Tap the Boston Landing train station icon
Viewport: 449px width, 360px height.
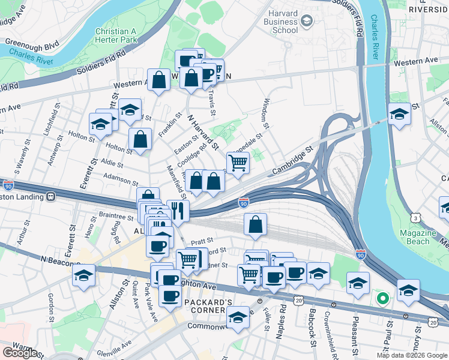click(52, 196)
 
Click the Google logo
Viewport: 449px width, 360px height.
click(19, 353)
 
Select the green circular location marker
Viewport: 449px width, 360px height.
click(381, 298)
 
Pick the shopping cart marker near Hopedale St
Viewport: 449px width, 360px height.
click(238, 161)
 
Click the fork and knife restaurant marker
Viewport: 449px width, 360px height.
click(178, 209)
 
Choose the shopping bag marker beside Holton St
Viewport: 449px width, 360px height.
click(140, 140)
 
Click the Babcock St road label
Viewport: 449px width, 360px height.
click(313, 328)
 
